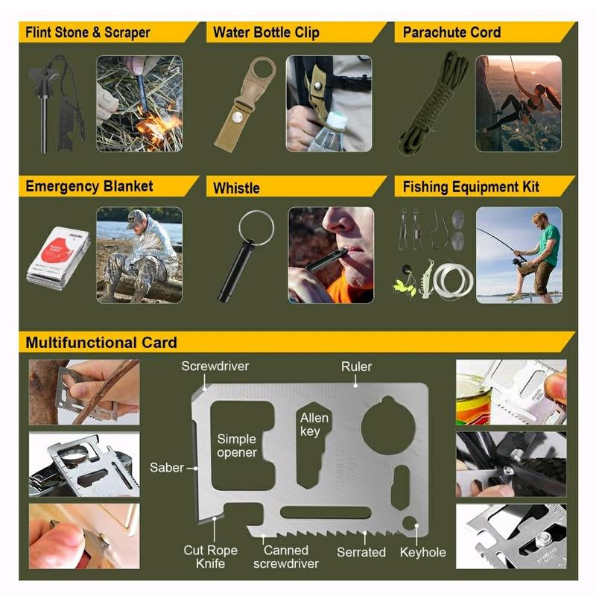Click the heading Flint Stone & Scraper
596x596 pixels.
tap(88, 33)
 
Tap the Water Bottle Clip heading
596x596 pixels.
tap(266, 33)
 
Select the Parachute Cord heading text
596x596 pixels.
tap(451, 33)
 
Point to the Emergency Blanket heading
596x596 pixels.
tap(89, 186)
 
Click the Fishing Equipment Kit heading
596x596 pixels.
tap(471, 186)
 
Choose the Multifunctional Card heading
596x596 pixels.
tap(101, 343)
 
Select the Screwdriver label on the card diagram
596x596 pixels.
tap(215, 367)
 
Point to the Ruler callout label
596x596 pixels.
tap(356, 367)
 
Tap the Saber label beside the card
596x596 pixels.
tap(166, 468)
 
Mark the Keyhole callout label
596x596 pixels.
tap(423, 552)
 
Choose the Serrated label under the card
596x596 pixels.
tap(361, 552)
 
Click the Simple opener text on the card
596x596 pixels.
tap(237, 446)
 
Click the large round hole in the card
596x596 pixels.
tap(388, 422)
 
